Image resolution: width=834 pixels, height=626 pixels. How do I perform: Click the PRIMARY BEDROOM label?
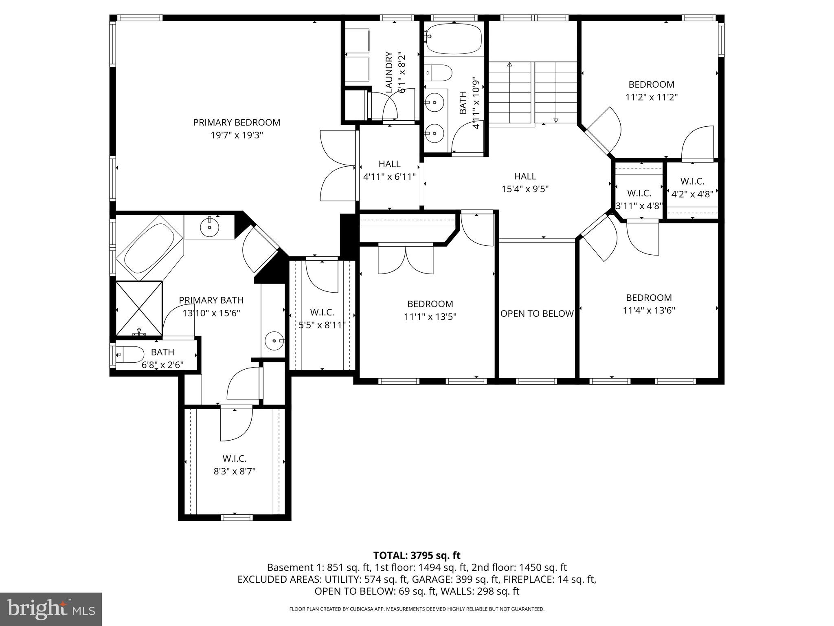pos(237,122)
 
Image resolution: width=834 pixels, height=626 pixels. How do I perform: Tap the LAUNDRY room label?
pos(389,72)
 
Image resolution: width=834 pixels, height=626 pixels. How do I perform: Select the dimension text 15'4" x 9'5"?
pos(525,189)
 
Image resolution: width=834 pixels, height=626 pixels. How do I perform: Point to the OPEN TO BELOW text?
pos(537,313)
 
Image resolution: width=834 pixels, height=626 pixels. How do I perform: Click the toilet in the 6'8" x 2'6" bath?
pos(130,354)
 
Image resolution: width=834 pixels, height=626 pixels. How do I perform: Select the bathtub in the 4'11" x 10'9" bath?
pos(454,38)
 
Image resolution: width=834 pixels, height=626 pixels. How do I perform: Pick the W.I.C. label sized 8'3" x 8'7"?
pos(235,458)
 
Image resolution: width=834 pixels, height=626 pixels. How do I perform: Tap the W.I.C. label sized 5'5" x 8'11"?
pos(322,312)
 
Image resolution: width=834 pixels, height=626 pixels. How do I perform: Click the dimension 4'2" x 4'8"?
pos(692,194)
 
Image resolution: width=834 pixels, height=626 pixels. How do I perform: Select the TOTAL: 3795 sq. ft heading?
pos(417,555)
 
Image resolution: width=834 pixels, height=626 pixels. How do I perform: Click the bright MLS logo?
pos(51,609)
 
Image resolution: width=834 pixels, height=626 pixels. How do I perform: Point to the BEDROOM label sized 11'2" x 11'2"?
pos(651,84)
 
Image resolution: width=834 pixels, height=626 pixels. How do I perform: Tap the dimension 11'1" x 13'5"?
pos(430,317)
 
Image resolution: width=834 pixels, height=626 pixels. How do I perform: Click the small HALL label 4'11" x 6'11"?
pos(389,164)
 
